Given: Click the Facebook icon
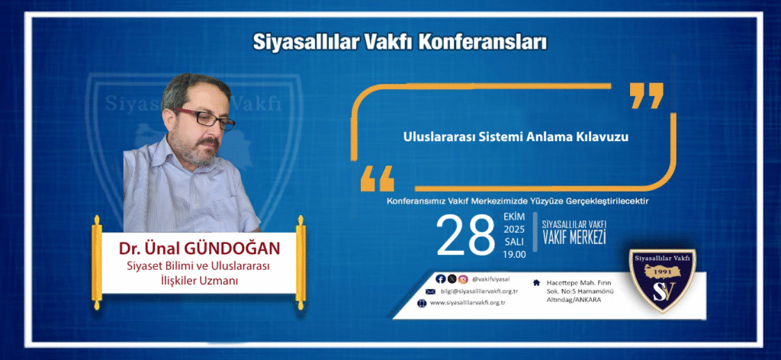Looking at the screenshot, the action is (x=440, y=279).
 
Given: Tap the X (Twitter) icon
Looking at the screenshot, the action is (x=452, y=279).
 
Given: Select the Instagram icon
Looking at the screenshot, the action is (x=463, y=279).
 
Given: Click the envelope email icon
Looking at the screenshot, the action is (x=430, y=291).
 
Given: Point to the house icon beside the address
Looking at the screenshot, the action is (x=536, y=282).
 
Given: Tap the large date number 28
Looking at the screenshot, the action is (x=465, y=236).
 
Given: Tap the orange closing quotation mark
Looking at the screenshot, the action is (x=647, y=95).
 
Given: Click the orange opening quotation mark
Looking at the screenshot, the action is (x=377, y=178).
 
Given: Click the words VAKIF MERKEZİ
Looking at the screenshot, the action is (x=574, y=238).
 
